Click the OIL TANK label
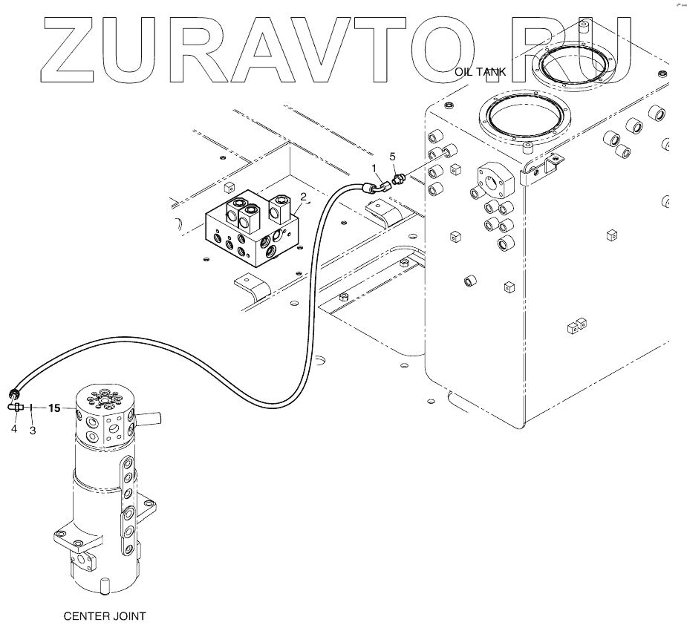click(480, 72)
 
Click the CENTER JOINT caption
click(104, 615)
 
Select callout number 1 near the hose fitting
click(374, 169)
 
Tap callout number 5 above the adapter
click(393, 157)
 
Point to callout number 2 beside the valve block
click(303, 197)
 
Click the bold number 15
click(55, 408)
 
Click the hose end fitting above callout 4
click(13, 393)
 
